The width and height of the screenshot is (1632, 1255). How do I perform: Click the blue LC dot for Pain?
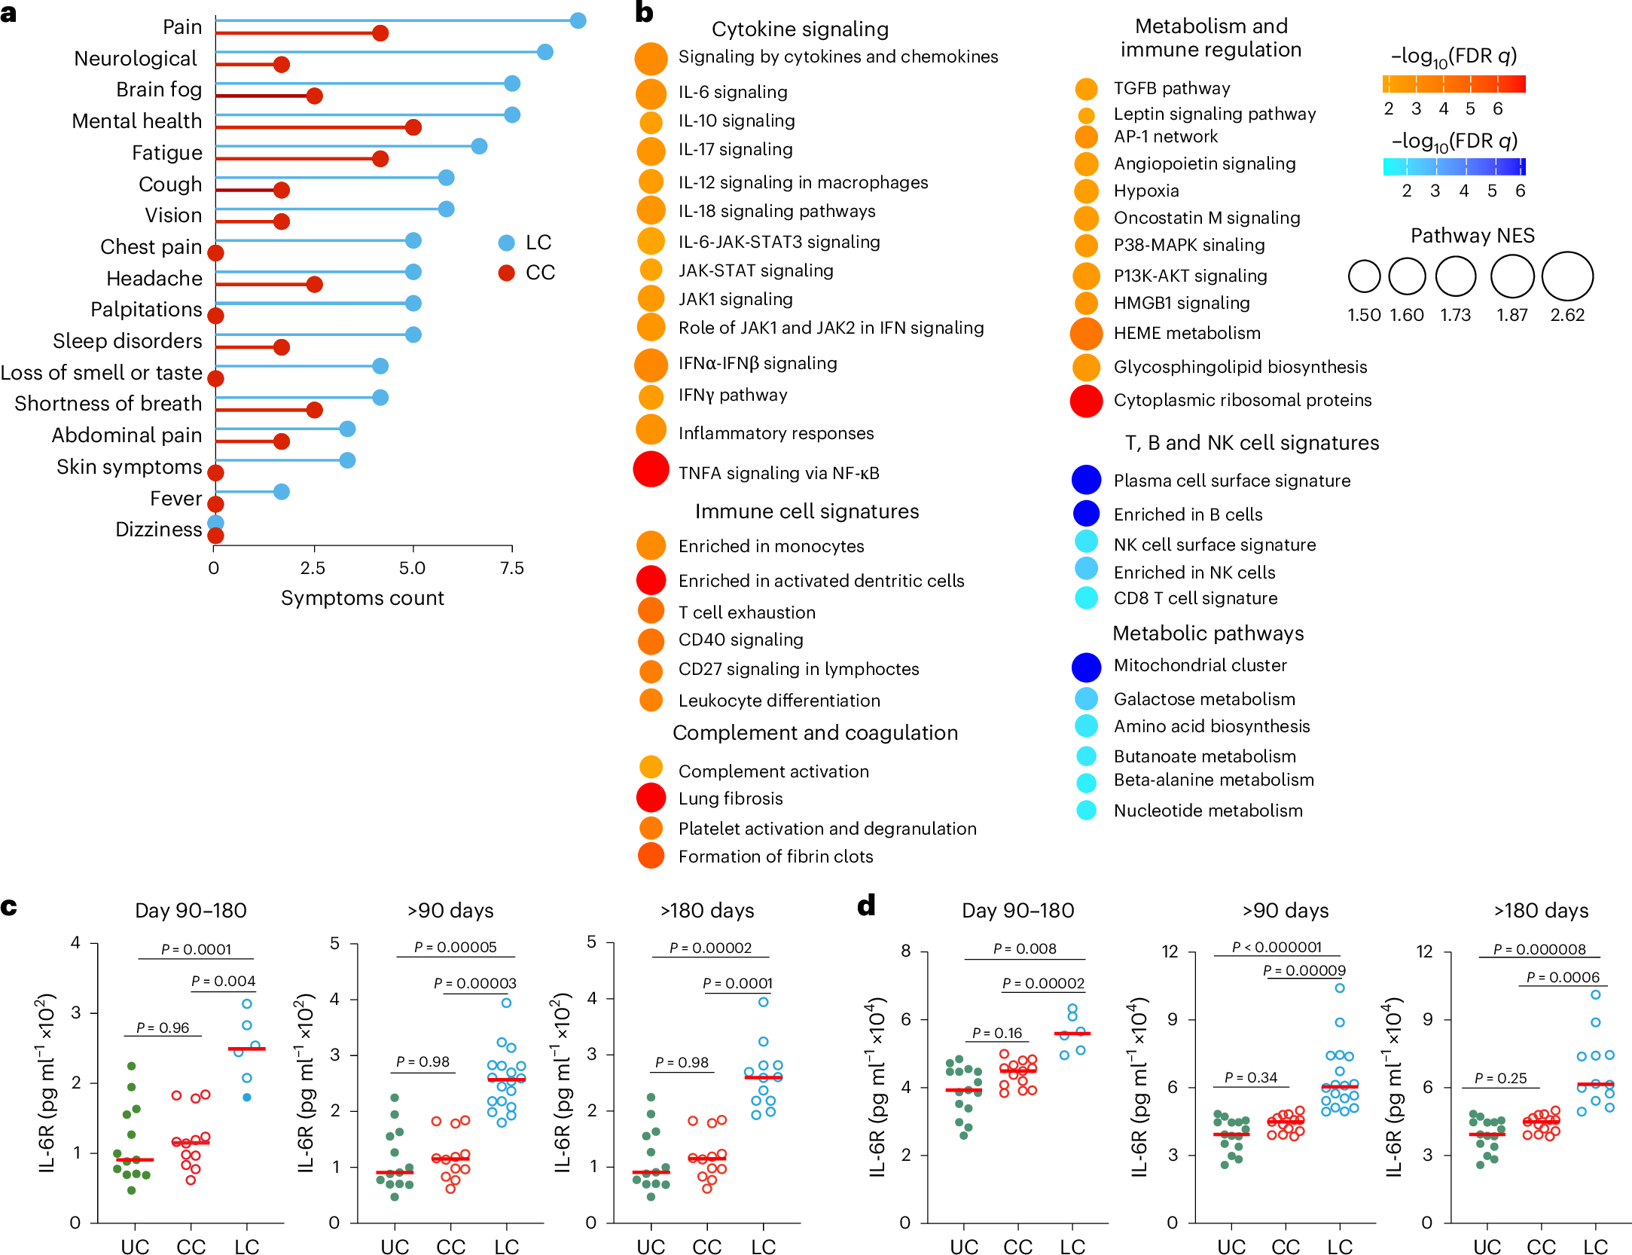578,20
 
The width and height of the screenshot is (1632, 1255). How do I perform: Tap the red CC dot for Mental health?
413,127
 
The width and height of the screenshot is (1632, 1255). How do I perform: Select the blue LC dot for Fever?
281,492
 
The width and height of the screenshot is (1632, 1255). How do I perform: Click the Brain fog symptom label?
159,90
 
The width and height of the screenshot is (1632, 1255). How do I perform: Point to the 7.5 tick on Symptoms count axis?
512,567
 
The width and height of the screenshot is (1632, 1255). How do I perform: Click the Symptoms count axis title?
362,598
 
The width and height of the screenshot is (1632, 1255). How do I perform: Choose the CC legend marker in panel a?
506,273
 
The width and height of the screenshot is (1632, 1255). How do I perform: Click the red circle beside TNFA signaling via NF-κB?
651,469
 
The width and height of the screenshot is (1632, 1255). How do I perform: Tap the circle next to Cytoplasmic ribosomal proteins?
1086,401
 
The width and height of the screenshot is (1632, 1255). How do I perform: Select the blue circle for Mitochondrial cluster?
1086,666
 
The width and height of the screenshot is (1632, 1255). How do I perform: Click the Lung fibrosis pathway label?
731,798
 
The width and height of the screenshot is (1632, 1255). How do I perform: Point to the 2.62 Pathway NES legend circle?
1567,276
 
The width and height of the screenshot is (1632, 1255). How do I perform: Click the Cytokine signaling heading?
800,29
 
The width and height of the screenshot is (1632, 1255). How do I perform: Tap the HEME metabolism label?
1187,333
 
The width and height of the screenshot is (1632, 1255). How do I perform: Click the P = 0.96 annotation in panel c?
163,1028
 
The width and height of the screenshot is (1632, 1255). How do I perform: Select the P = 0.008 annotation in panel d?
1024,949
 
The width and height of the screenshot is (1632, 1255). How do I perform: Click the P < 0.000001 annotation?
1277,947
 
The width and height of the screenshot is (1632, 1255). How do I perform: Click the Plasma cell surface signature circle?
1086,480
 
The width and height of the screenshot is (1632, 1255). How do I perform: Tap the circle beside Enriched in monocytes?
651,545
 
